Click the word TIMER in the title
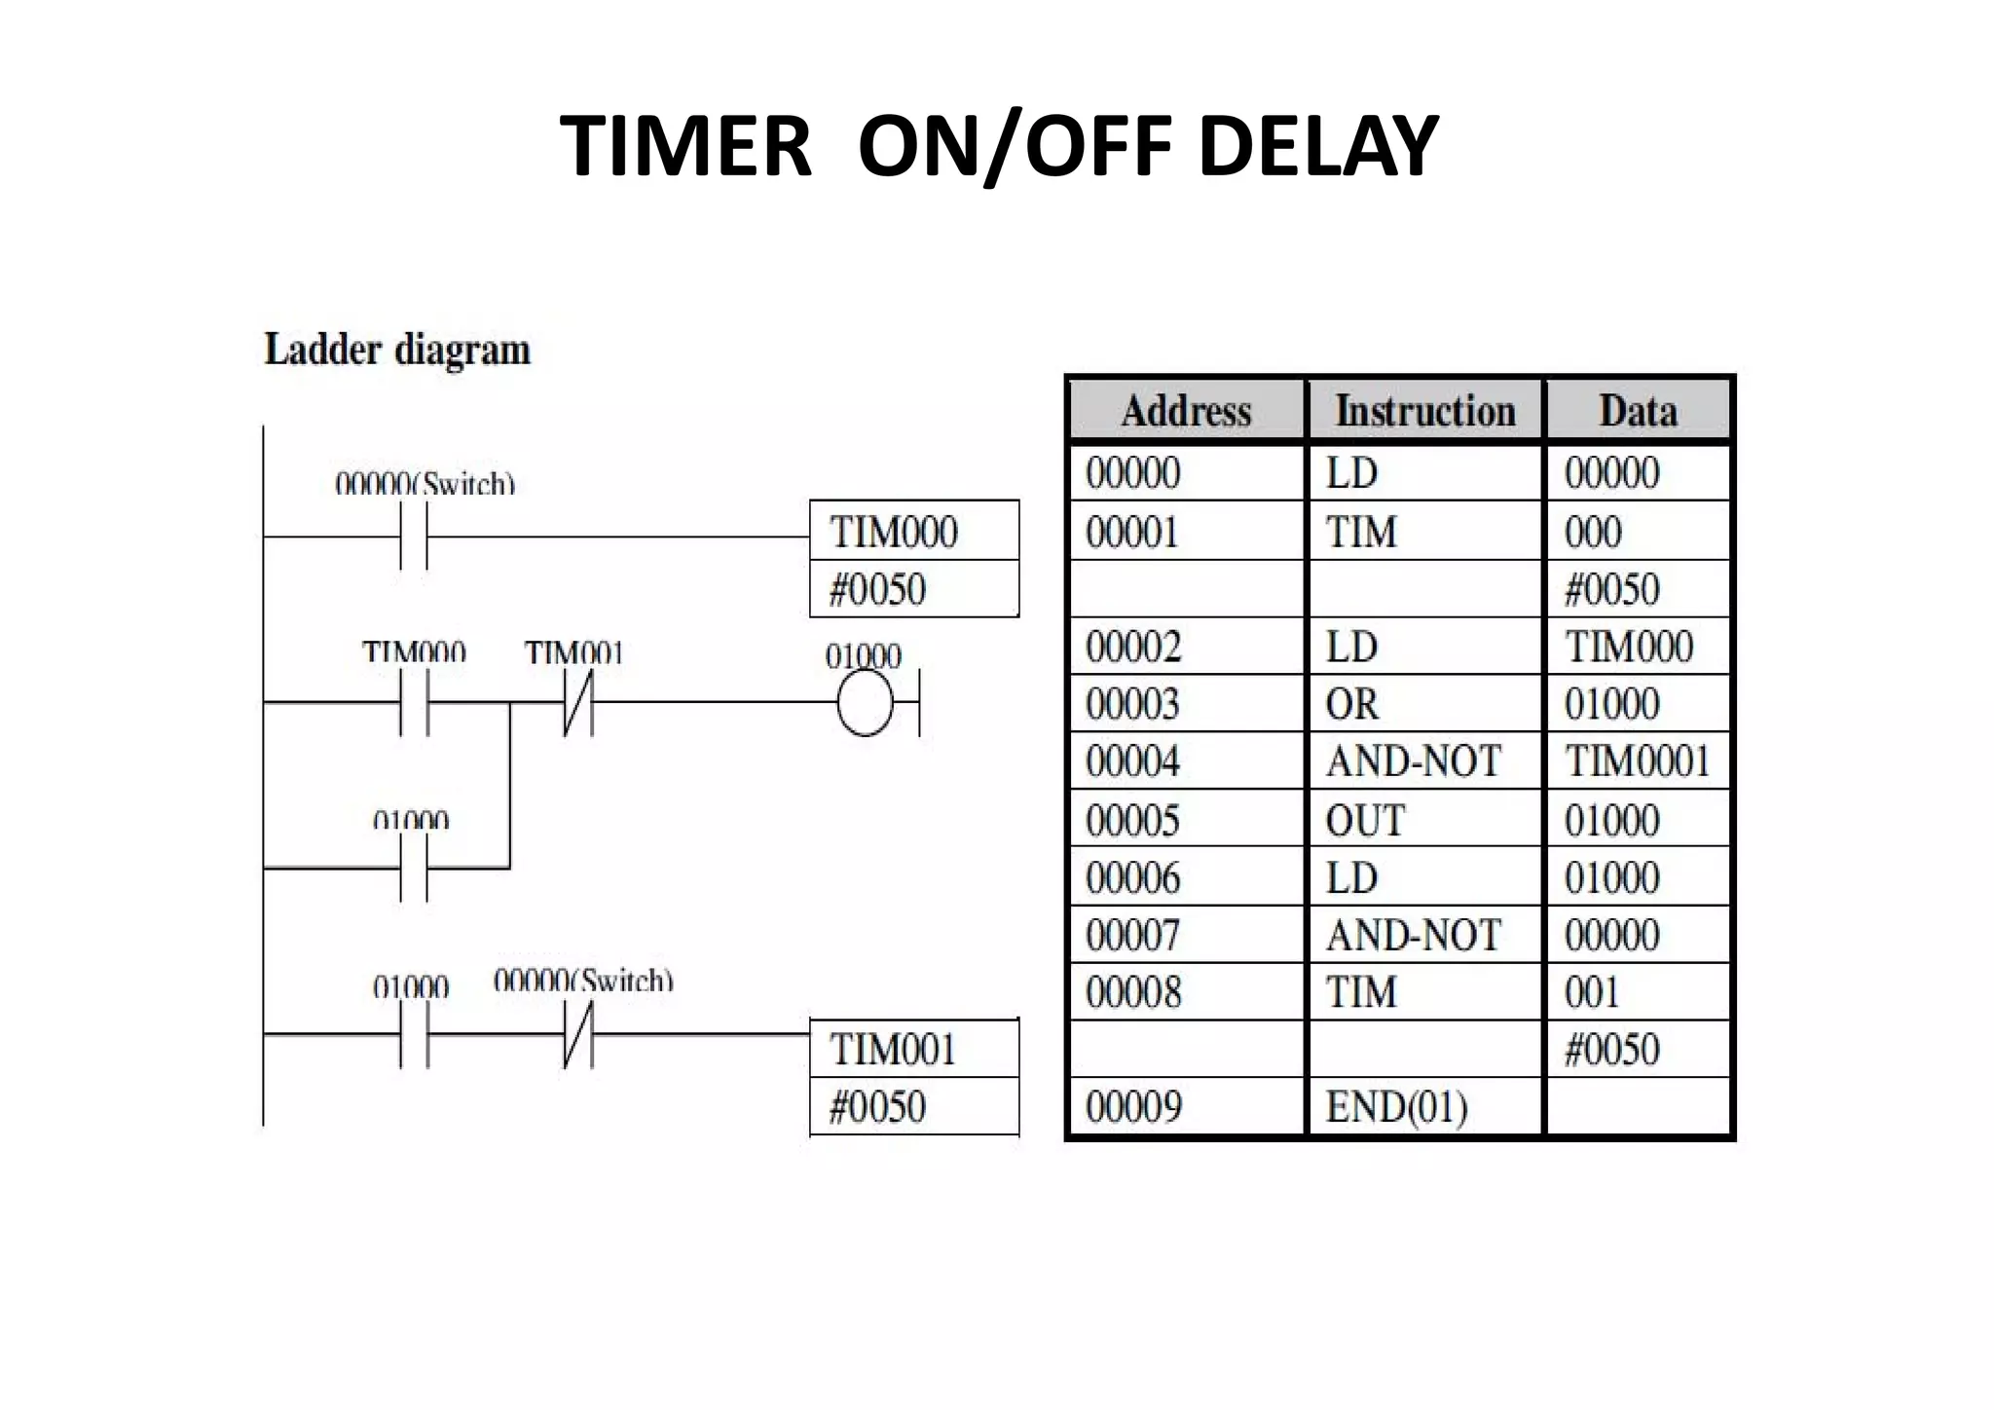(x=685, y=146)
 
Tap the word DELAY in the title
(x=1318, y=146)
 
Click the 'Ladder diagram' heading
(x=397, y=350)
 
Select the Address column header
(x=1186, y=411)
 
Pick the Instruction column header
(x=1424, y=411)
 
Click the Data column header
(x=1638, y=411)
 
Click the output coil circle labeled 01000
(x=865, y=703)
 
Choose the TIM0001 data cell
(x=1638, y=761)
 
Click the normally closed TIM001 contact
(x=578, y=703)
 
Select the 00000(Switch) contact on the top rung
(x=414, y=537)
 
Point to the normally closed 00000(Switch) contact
(x=578, y=1034)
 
